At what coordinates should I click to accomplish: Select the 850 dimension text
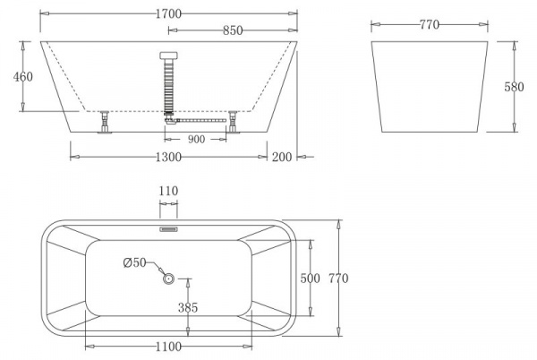tap(232, 30)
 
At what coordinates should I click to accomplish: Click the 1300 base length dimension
tap(168, 157)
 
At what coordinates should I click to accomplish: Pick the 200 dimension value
tap(283, 157)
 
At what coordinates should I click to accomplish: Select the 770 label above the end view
tap(429, 25)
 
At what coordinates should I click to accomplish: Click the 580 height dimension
tap(514, 87)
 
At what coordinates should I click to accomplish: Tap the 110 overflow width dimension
tap(169, 191)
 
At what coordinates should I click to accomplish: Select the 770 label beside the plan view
tap(338, 279)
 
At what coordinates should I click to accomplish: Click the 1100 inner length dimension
tap(168, 346)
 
